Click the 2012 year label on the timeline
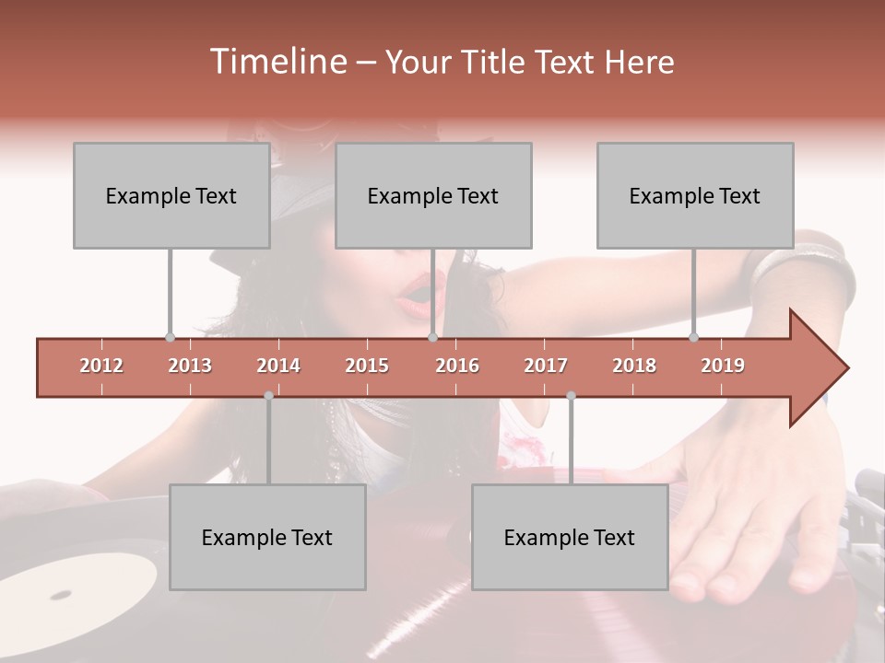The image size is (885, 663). coord(101,366)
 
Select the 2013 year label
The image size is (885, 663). coord(190,366)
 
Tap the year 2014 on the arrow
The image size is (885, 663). coord(278,366)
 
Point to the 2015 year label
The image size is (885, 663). coord(367,366)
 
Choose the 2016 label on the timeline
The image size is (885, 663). coord(457,366)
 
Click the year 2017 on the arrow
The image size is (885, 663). coord(546,366)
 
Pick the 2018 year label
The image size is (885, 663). coord(634,366)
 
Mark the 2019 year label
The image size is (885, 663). coord(723,366)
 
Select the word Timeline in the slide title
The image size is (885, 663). coord(277,62)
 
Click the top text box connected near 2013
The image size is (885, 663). coord(171,195)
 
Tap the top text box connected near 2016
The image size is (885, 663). coord(433,195)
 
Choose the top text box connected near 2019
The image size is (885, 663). coord(695,195)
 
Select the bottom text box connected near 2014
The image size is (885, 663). coord(267,537)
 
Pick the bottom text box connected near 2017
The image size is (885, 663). coord(570,537)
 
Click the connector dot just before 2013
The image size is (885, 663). coord(170,338)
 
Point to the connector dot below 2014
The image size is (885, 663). coord(268,396)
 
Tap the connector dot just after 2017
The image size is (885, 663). coord(571,396)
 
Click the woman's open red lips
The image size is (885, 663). coord(417,293)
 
